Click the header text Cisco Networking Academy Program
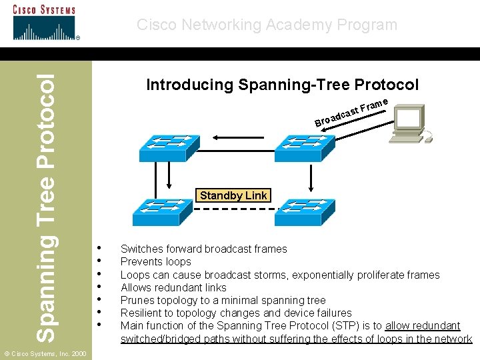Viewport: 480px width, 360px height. coord(267,25)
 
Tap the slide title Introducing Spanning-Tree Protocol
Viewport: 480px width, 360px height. coord(282,85)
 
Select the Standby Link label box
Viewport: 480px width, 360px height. coord(233,195)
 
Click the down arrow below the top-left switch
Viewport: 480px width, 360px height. coord(169,176)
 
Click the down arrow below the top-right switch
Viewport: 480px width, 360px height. coord(311,176)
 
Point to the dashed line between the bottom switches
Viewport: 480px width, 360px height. coord(233,209)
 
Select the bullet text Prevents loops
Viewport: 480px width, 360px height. coord(155,262)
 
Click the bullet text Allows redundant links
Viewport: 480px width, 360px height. coord(173,287)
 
